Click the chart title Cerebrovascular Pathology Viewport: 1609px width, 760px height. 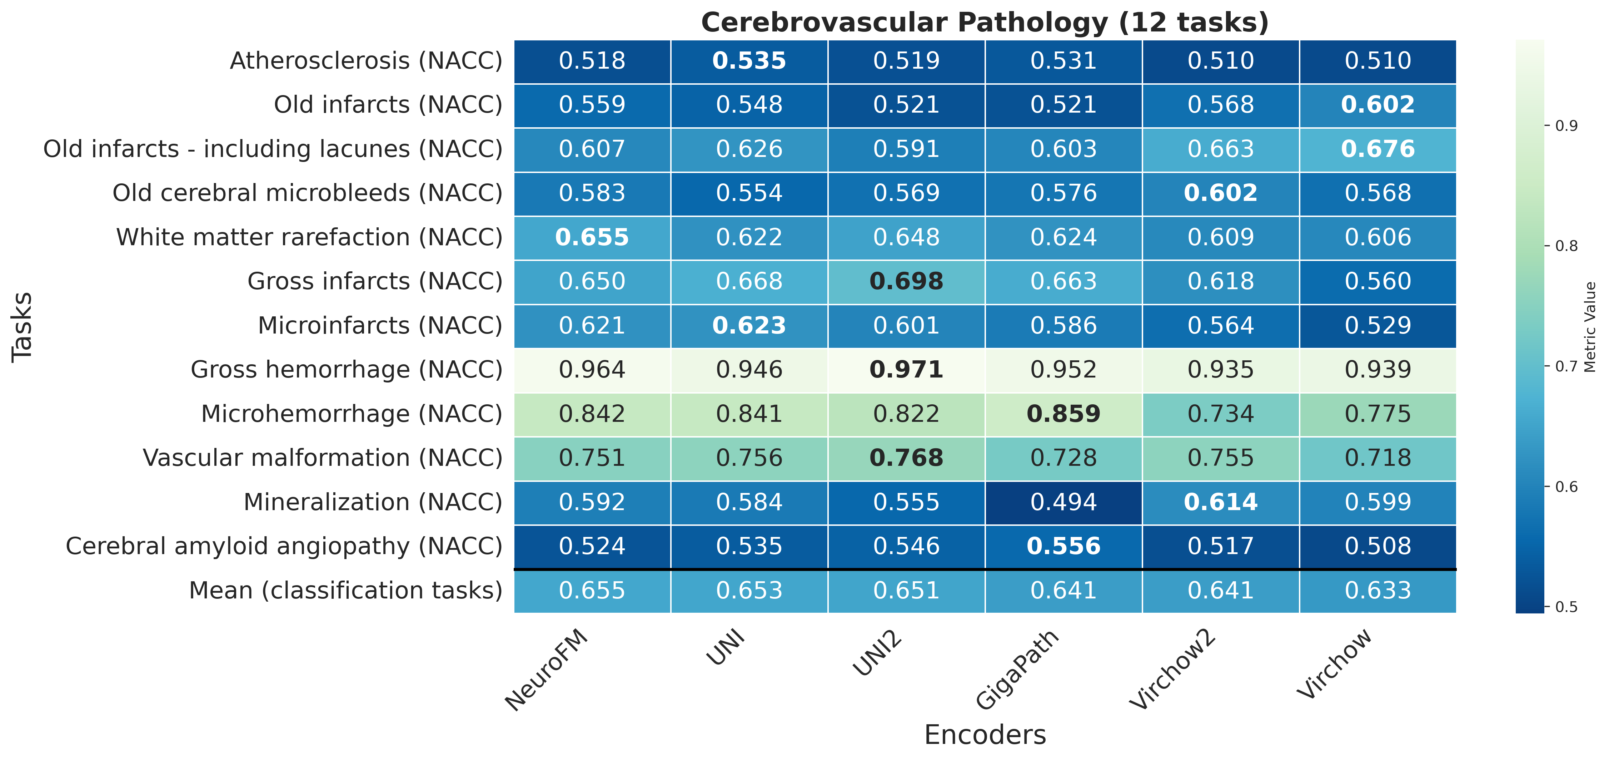coord(985,23)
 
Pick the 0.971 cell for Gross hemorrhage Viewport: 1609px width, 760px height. coord(906,370)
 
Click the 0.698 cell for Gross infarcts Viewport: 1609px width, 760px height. coord(906,281)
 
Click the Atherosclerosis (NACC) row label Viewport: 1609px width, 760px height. coord(366,61)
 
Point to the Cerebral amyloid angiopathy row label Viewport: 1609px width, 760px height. coord(284,546)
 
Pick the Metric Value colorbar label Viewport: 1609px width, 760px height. coord(1591,326)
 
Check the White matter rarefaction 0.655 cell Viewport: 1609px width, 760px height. coord(592,237)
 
